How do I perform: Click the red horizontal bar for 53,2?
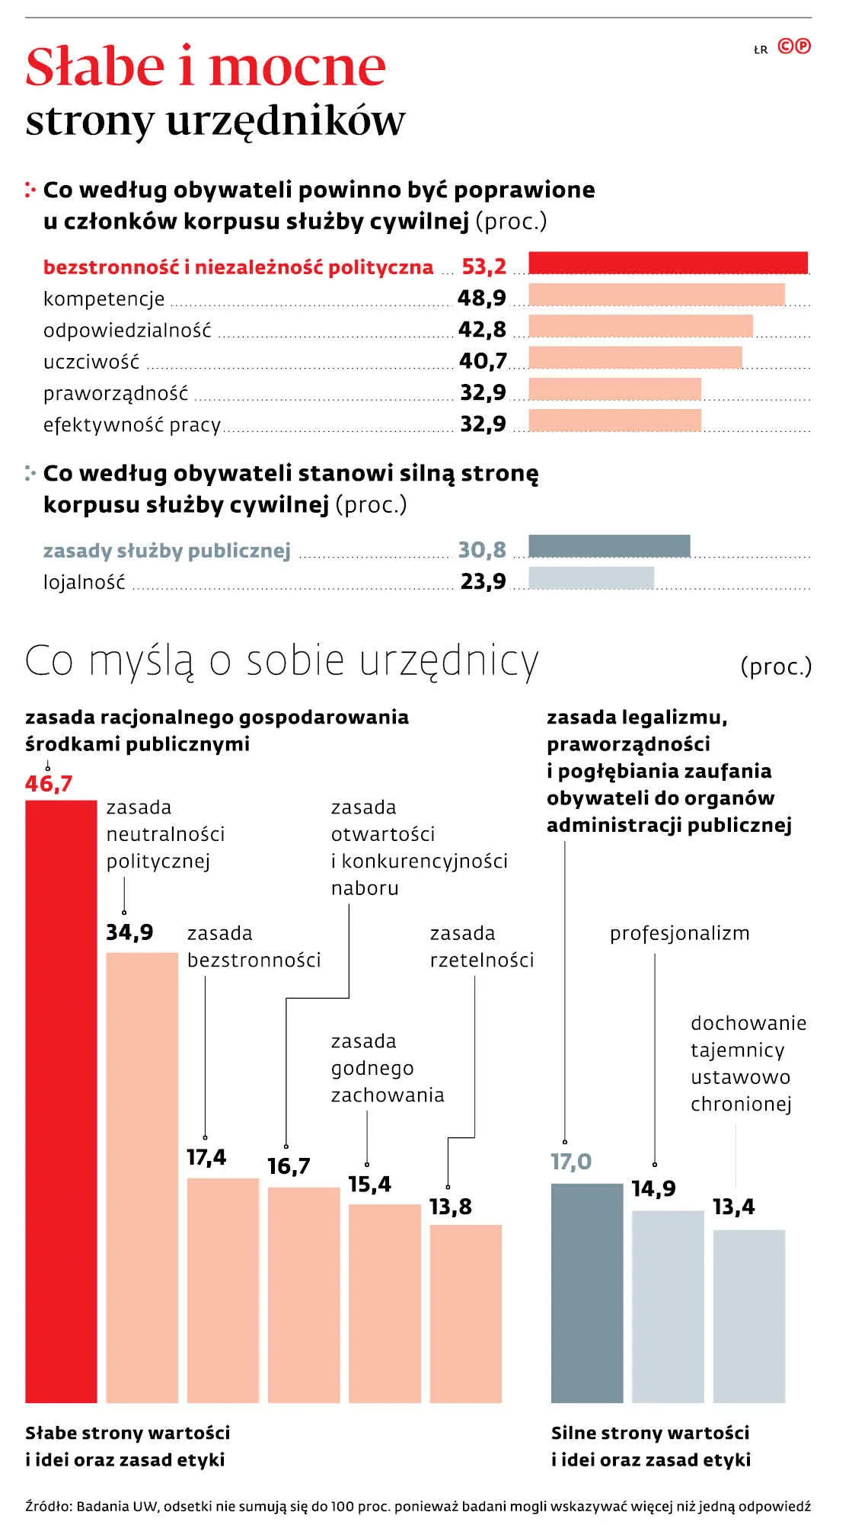(x=668, y=263)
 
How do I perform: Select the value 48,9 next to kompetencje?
(x=481, y=298)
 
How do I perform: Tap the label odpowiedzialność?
(x=127, y=331)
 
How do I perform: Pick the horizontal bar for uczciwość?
(x=634, y=357)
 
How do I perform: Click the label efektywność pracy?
(x=132, y=425)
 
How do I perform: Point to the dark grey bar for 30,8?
(x=609, y=546)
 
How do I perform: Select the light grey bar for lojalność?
(x=591, y=577)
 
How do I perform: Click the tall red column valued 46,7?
(x=61, y=1101)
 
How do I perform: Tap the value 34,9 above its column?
(x=129, y=932)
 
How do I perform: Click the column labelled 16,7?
(x=304, y=1294)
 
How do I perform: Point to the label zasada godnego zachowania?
(x=387, y=1068)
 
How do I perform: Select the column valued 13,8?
(x=465, y=1313)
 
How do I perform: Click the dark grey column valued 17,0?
(x=586, y=1293)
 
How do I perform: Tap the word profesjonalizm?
(x=679, y=933)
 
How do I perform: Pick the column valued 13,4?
(x=748, y=1316)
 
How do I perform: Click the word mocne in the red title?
(x=297, y=67)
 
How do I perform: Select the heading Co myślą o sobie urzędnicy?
(x=282, y=660)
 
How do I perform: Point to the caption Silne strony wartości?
(x=650, y=1433)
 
